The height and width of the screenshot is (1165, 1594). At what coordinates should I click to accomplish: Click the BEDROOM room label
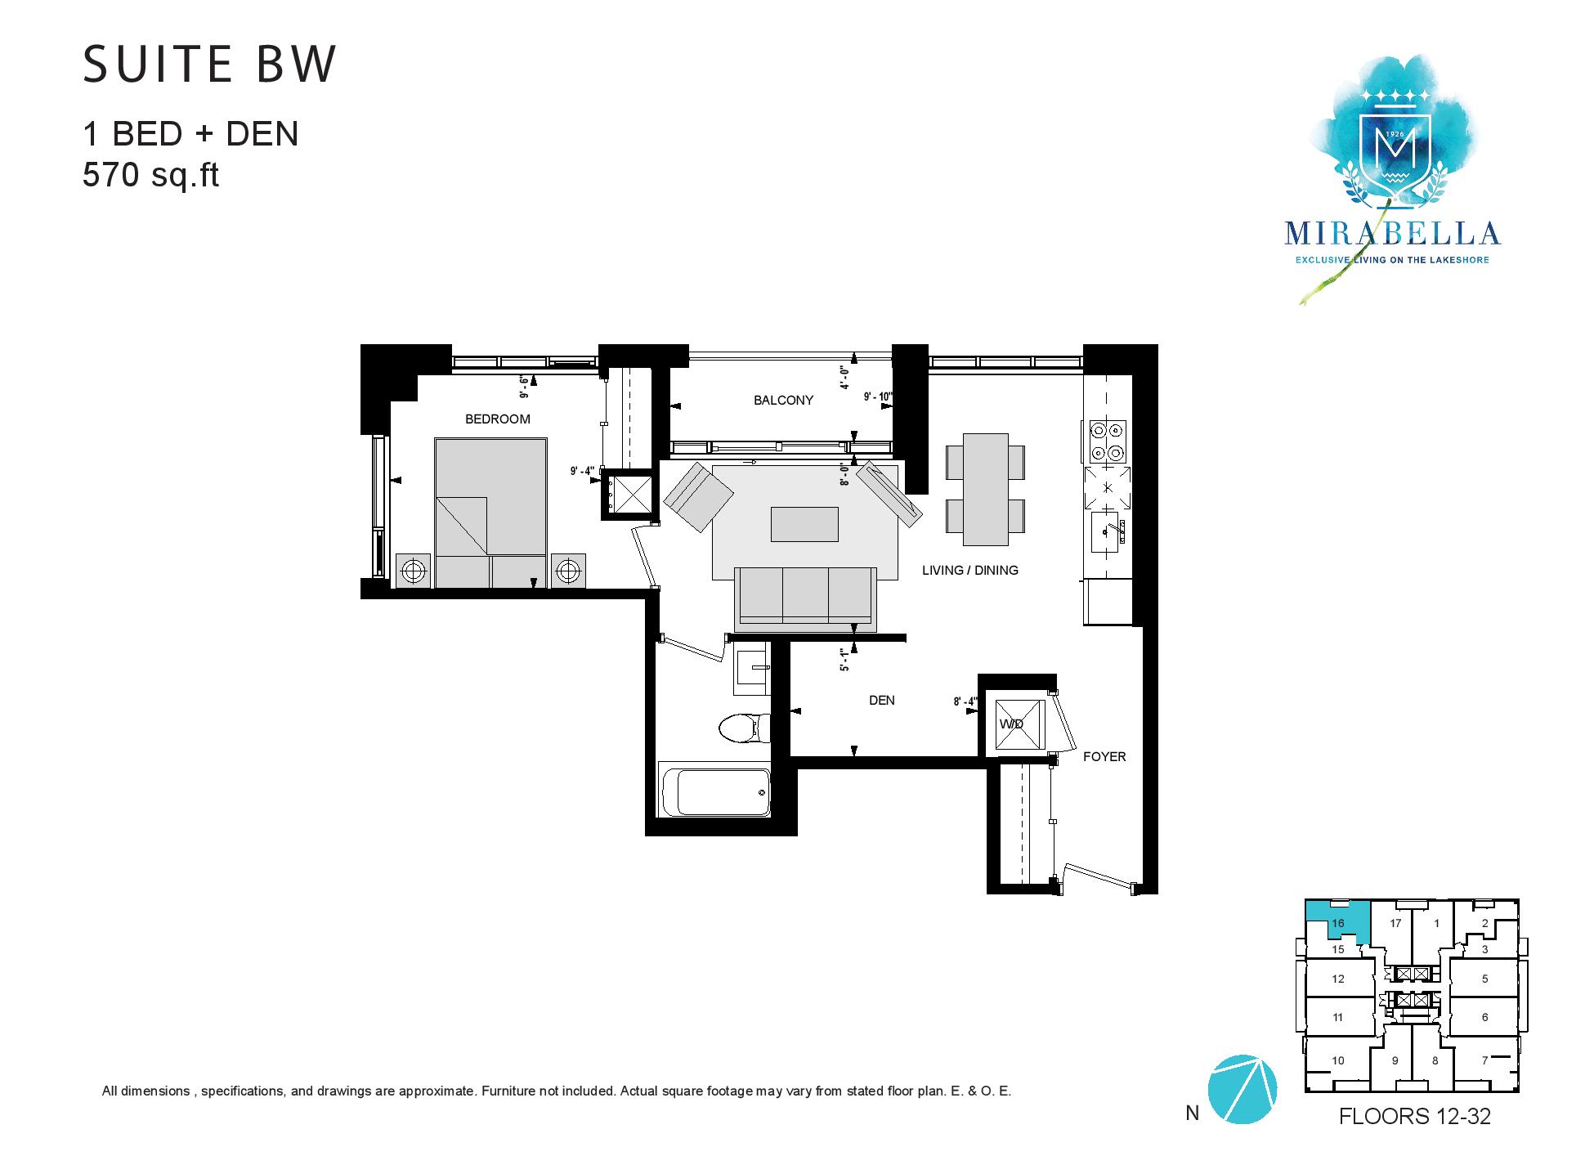[x=497, y=419]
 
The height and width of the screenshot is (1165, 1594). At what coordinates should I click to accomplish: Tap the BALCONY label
[x=783, y=401]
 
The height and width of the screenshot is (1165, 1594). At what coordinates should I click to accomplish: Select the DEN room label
[x=881, y=701]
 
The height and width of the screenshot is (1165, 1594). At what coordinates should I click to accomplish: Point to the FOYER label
[x=1104, y=757]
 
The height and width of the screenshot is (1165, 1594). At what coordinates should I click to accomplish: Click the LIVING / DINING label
[x=970, y=571]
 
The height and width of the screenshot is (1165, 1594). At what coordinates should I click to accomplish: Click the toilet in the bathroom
[x=743, y=727]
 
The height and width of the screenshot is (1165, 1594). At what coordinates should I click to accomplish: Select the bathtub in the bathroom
[x=714, y=790]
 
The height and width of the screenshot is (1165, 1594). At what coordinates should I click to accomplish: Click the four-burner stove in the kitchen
[x=1108, y=441]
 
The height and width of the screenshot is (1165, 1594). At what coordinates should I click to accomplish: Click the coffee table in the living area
[x=804, y=524]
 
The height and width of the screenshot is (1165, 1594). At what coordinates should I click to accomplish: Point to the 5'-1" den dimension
[x=844, y=661]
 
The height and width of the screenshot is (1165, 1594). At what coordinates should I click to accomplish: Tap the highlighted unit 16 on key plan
[x=1338, y=921]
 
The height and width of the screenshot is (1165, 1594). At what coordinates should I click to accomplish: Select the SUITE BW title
[x=209, y=64]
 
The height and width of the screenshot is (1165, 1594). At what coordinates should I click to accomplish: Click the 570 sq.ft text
[x=151, y=175]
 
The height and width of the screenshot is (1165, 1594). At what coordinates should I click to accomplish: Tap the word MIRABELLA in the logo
[x=1392, y=234]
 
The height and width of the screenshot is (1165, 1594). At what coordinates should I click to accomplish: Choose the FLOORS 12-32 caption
[x=1414, y=1116]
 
